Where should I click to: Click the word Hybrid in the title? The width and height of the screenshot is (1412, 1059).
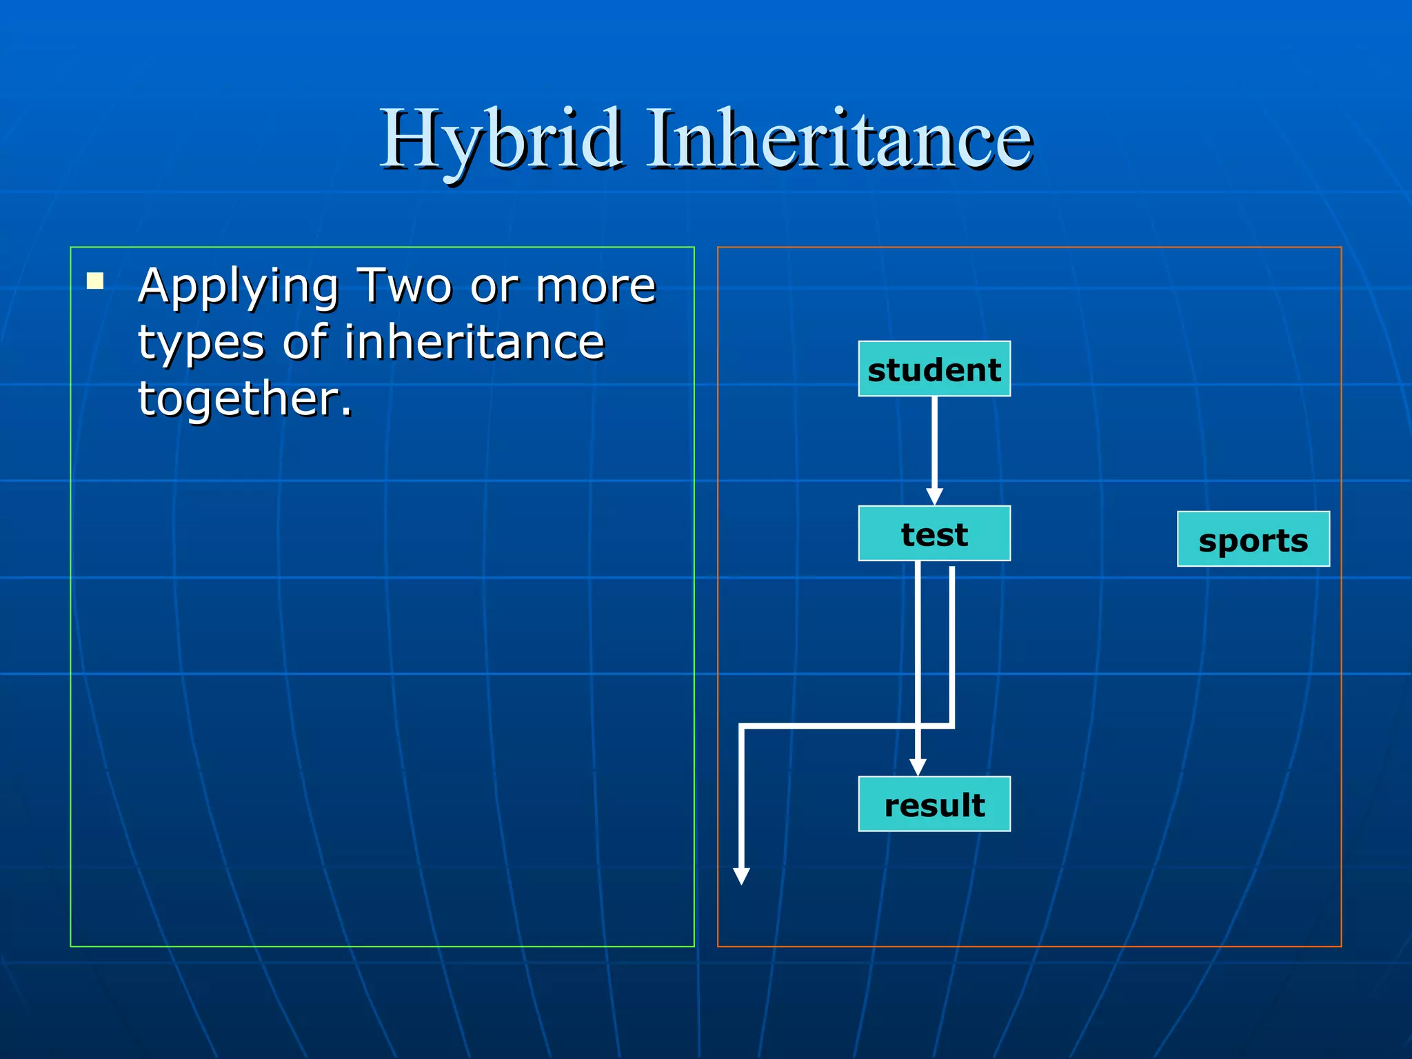(x=501, y=140)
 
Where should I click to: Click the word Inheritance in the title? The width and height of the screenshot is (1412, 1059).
(x=839, y=140)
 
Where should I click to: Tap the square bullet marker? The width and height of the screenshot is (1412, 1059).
(x=95, y=281)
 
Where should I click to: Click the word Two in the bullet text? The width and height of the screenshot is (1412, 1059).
(x=403, y=285)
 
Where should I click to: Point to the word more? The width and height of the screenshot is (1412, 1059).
(x=596, y=285)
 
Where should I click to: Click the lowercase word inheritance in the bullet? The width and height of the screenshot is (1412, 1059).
(x=474, y=342)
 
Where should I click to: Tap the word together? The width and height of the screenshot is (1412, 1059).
(x=245, y=399)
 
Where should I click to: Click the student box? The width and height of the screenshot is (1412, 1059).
(x=934, y=369)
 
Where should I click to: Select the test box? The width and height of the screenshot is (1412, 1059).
(x=934, y=534)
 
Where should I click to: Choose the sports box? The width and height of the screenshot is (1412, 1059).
(x=1253, y=539)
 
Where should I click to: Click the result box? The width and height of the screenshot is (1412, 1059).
(x=934, y=804)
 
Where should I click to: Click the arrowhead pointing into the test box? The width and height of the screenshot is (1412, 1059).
(x=934, y=496)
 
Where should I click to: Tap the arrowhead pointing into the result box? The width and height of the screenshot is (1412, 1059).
(x=918, y=767)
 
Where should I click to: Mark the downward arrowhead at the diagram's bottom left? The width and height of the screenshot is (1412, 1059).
(x=741, y=876)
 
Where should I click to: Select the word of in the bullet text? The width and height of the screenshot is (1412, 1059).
(x=304, y=342)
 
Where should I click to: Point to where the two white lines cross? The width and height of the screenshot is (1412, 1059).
(x=918, y=725)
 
